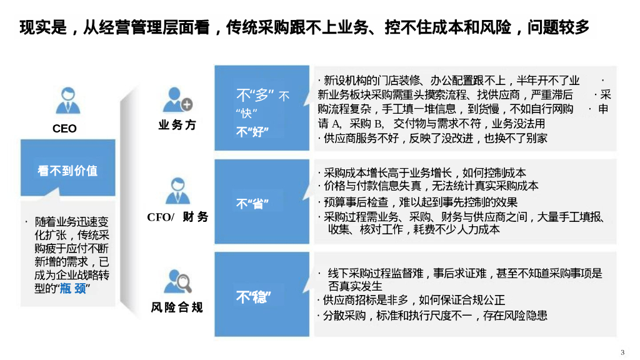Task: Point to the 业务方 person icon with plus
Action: [177, 101]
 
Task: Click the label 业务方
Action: [177, 125]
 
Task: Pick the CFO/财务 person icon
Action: [177, 191]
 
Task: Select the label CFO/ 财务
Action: [177, 217]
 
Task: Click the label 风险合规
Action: [177, 307]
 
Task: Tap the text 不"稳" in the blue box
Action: [252, 297]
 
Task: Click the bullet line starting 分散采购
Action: [432, 315]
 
